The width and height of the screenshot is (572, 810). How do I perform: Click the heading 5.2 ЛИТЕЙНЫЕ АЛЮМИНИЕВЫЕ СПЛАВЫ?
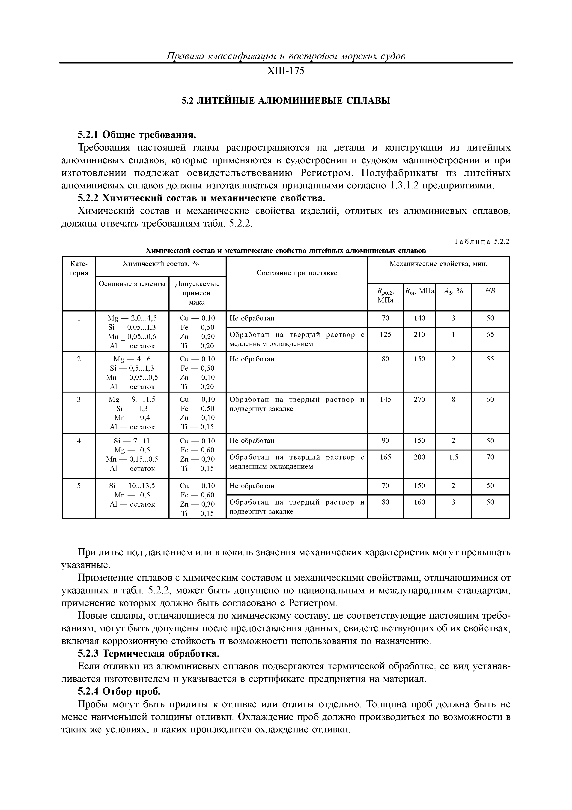click(x=286, y=101)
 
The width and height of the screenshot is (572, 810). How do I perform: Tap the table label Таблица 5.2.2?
click(x=481, y=242)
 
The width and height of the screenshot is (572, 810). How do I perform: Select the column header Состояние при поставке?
click(x=296, y=273)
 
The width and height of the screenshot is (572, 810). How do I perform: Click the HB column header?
click(x=490, y=291)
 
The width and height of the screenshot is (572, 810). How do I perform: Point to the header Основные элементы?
click(x=132, y=284)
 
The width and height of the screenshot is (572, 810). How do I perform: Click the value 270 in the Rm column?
click(x=419, y=399)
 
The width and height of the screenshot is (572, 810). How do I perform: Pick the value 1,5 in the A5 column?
click(x=453, y=457)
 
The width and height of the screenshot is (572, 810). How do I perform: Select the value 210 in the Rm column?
click(x=419, y=334)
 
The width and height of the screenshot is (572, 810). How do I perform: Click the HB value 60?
click(x=490, y=399)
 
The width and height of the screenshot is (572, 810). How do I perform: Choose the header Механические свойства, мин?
click(x=438, y=264)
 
